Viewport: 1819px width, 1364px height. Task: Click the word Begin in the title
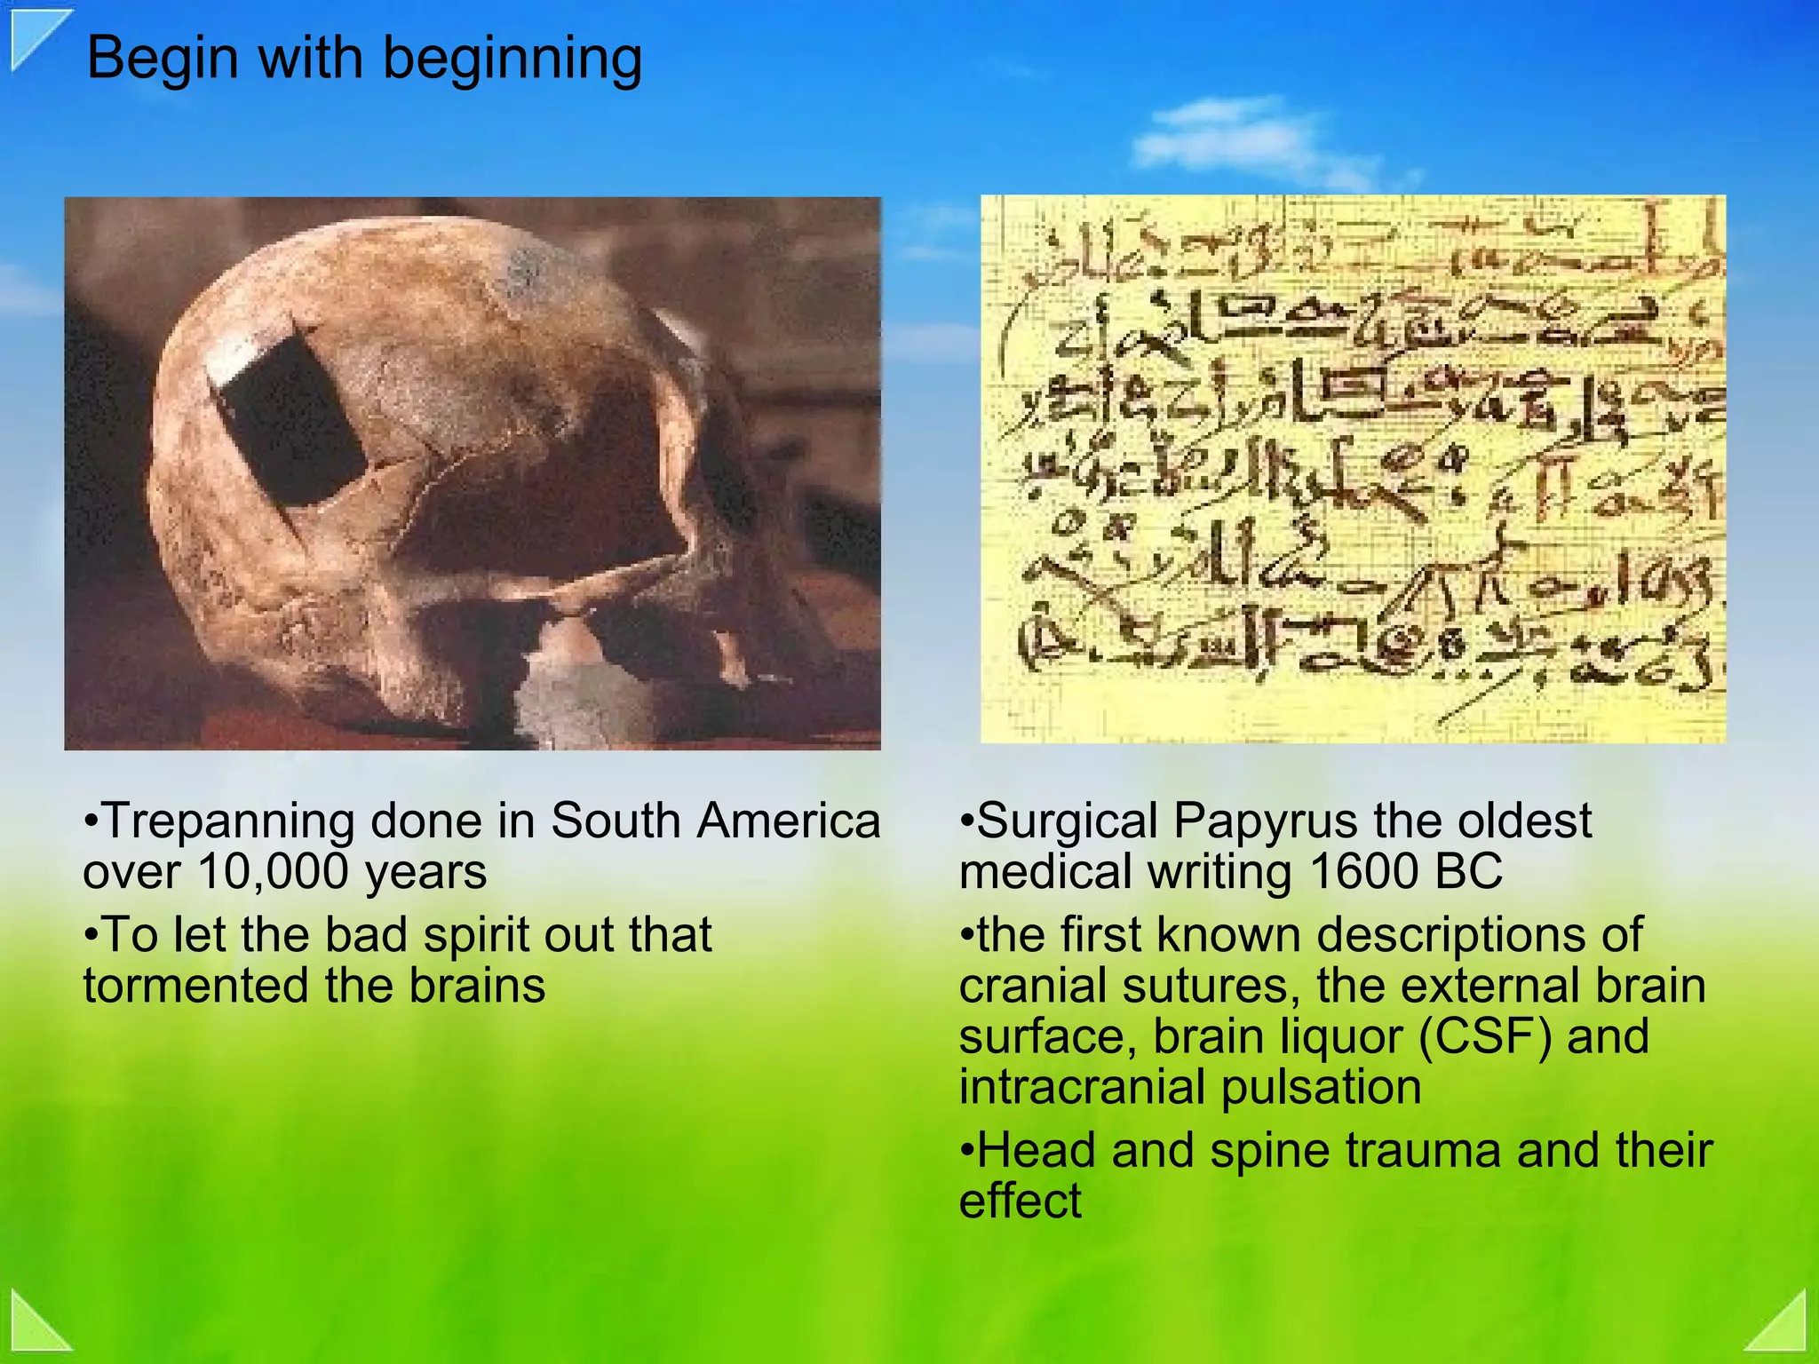tap(163, 59)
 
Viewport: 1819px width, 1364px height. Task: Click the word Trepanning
tap(227, 821)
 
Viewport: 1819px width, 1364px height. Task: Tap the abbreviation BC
tap(1465, 872)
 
